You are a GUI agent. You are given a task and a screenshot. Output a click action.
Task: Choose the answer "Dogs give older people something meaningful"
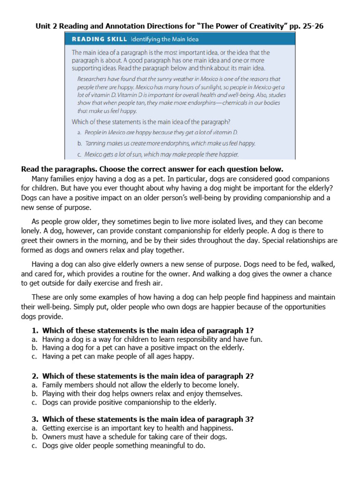point(124,446)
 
